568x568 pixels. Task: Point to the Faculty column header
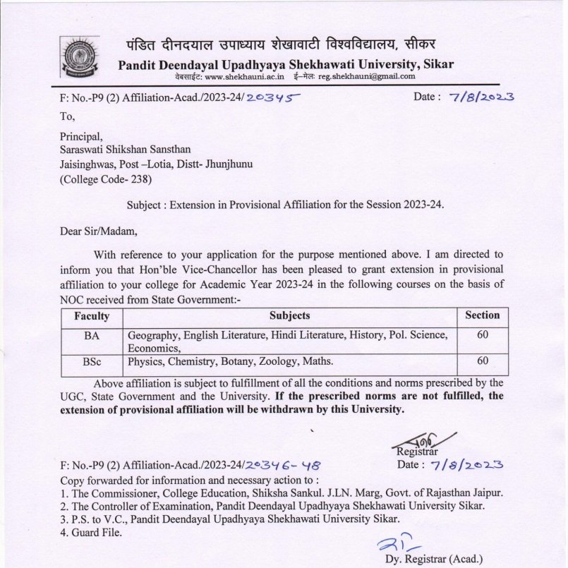91,315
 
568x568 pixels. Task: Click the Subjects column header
289,315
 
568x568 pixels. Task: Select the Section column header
482,315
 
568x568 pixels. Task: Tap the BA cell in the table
92,335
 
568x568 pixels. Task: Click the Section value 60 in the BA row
483,334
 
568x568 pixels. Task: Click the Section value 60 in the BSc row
483,361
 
